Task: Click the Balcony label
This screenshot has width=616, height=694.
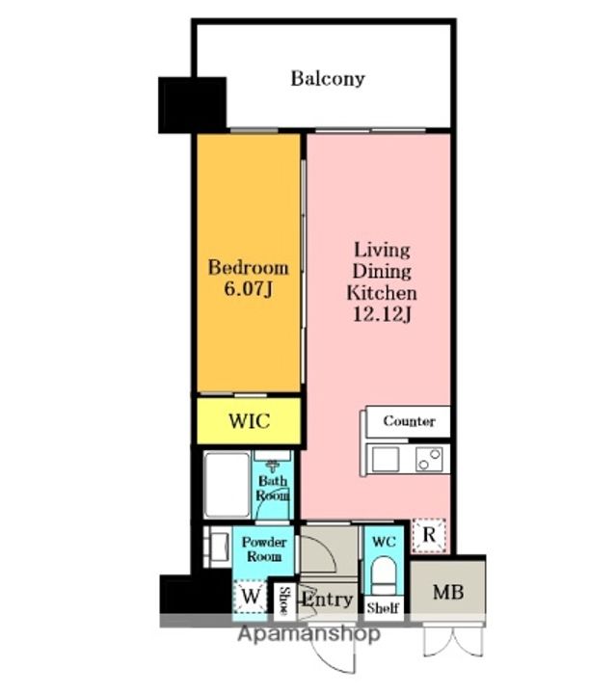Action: pyautogui.click(x=328, y=79)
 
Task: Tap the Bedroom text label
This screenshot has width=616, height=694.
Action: pyautogui.click(x=249, y=268)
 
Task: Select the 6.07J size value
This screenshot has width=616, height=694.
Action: pyautogui.click(x=248, y=289)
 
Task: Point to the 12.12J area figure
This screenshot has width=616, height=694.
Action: pyautogui.click(x=383, y=314)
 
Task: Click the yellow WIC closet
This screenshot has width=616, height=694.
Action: pyautogui.click(x=249, y=420)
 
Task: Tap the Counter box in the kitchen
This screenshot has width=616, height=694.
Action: pyautogui.click(x=408, y=421)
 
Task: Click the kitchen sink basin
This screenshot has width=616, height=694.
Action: pyautogui.click(x=386, y=459)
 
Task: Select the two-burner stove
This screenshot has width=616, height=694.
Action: pyautogui.click(x=429, y=459)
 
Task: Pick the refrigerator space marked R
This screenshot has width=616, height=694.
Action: pyautogui.click(x=429, y=536)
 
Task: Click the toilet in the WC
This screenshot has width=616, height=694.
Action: pyautogui.click(x=384, y=574)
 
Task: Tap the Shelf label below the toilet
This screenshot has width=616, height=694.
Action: pyautogui.click(x=384, y=608)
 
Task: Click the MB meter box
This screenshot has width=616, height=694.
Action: pyautogui.click(x=448, y=591)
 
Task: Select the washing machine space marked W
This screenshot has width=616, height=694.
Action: pyautogui.click(x=251, y=597)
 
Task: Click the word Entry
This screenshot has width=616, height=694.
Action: pyautogui.click(x=328, y=601)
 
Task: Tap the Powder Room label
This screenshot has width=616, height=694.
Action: pyautogui.click(x=264, y=548)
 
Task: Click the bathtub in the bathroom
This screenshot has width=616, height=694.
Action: pyautogui.click(x=227, y=484)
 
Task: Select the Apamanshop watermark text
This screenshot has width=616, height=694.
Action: pyautogui.click(x=308, y=634)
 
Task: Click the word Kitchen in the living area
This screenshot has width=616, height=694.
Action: pyautogui.click(x=382, y=293)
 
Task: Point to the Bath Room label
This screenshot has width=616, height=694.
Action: pyautogui.click(x=273, y=488)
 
